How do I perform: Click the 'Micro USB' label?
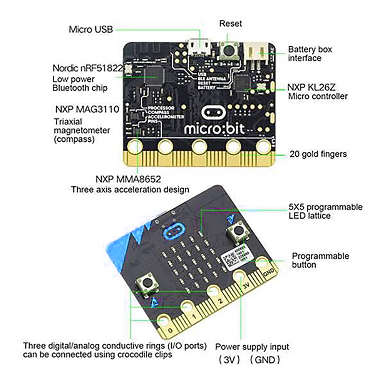[91, 29]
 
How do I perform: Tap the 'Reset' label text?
[230, 23]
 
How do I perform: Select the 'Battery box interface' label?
[310, 54]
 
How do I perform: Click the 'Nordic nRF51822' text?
[87, 69]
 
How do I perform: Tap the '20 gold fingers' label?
[318, 154]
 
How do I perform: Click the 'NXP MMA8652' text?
[128, 179]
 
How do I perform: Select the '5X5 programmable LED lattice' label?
[325, 211]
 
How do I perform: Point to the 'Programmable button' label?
[320, 260]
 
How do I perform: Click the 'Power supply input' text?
[252, 347]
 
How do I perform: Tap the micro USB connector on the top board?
[199, 47]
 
